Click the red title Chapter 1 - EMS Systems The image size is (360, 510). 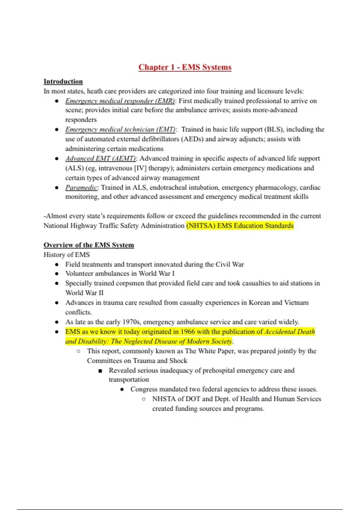(x=185, y=67)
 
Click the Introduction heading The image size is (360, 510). (x=63, y=82)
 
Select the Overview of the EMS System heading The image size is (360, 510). (x=89, y=245)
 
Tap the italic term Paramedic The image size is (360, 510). (x=81, y=187)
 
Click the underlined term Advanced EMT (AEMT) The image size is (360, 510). (x=100, y=158)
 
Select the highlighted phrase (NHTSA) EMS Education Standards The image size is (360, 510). (x=240, y=226)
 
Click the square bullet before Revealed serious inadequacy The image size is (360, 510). (x=100, y=371)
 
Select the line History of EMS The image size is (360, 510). (x=67, y=255)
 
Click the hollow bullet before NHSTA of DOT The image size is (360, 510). (x=144, y=399)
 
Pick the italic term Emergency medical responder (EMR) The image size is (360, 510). (x=120, y=101)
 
